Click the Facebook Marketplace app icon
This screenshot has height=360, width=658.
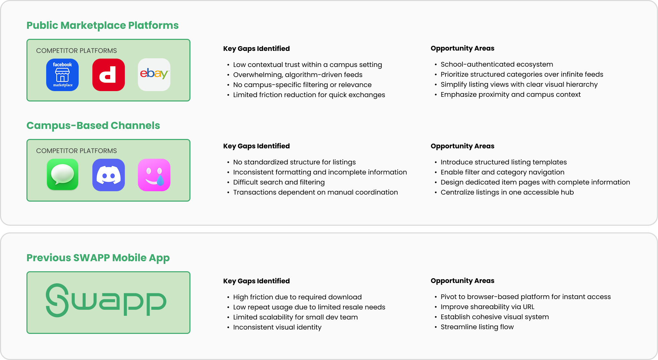(x=62, y=75)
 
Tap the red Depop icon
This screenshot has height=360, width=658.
(x=108, y=75)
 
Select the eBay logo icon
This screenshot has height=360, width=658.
(x=154, y=75)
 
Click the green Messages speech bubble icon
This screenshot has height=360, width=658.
(x=62, y=175)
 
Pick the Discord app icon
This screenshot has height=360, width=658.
(x=108, y=175)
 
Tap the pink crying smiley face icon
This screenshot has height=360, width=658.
(x=154, y=175)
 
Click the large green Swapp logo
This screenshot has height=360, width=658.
(x=106, y=301)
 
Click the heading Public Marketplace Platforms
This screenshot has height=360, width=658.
(x=102, y=25)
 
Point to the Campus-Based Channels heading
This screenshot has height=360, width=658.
(x=93, y=126)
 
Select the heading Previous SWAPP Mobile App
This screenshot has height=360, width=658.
(x=98, y=258)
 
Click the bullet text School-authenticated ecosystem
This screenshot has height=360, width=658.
(x=497, y=64)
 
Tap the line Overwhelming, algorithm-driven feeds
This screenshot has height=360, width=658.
(x=298, y=75)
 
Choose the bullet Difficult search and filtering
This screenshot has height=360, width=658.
(x=279, y=182)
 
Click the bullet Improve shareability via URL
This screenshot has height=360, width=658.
(x=487, y=307)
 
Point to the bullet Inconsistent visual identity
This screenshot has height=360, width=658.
(x=277, y=327)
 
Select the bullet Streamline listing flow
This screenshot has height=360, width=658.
(x=477, y=327)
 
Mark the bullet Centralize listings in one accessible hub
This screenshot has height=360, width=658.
(x=507, y=192)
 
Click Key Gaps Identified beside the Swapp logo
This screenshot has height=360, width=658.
(x=256, y=281)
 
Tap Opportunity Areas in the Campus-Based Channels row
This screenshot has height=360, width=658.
(x=462, y=146)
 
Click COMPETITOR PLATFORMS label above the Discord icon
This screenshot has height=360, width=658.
(x=76, y=151)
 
